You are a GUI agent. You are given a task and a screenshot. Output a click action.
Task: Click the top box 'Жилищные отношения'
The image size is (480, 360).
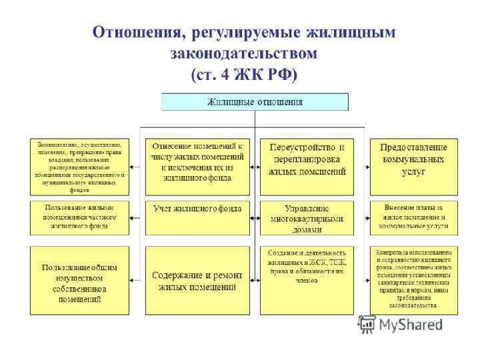[255, 102]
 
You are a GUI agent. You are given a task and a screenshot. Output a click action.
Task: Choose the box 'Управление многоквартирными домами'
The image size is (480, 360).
[307, 217]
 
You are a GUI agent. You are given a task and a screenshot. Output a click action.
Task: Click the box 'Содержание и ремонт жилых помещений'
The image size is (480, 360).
[197, 280]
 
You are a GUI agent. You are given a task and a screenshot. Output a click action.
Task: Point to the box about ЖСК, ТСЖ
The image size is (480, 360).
[307, 280]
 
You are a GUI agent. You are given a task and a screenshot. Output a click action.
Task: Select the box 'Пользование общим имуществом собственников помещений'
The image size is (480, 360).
[79, 280]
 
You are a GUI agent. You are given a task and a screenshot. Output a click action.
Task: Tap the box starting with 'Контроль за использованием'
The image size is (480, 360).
[414, 280]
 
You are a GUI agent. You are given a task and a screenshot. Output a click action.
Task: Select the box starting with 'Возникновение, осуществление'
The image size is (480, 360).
[79, 166]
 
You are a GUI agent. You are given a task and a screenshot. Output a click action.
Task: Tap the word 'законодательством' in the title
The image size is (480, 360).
[244, 53]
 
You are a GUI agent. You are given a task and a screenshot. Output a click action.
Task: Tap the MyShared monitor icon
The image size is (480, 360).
[367, 325]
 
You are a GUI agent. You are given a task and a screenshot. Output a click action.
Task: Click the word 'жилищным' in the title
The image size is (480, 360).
[354, 33]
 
